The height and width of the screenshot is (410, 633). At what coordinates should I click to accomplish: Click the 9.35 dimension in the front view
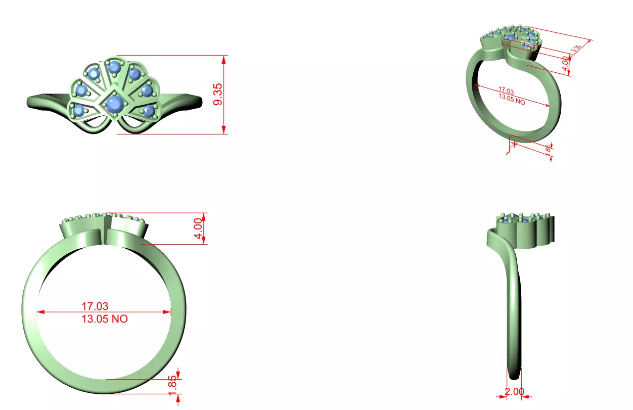coord(217,95)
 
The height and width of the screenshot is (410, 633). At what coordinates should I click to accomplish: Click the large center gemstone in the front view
coord(113,104)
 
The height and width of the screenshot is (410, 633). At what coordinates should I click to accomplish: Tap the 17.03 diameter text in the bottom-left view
coord(95,306)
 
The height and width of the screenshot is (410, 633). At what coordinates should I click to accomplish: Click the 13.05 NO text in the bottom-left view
coord(105,319)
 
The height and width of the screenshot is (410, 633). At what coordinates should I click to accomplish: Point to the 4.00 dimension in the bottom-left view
coord(200,229)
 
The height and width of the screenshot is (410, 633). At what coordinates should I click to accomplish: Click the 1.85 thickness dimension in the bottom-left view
coord(173,386)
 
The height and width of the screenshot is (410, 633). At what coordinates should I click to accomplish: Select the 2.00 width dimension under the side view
coord(514,391)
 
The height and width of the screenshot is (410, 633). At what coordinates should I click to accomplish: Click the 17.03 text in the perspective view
coord(506,92)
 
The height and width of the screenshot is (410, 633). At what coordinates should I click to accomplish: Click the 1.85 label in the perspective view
coord(548,148)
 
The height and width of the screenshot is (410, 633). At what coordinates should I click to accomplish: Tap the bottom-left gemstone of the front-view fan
coord(79,109)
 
